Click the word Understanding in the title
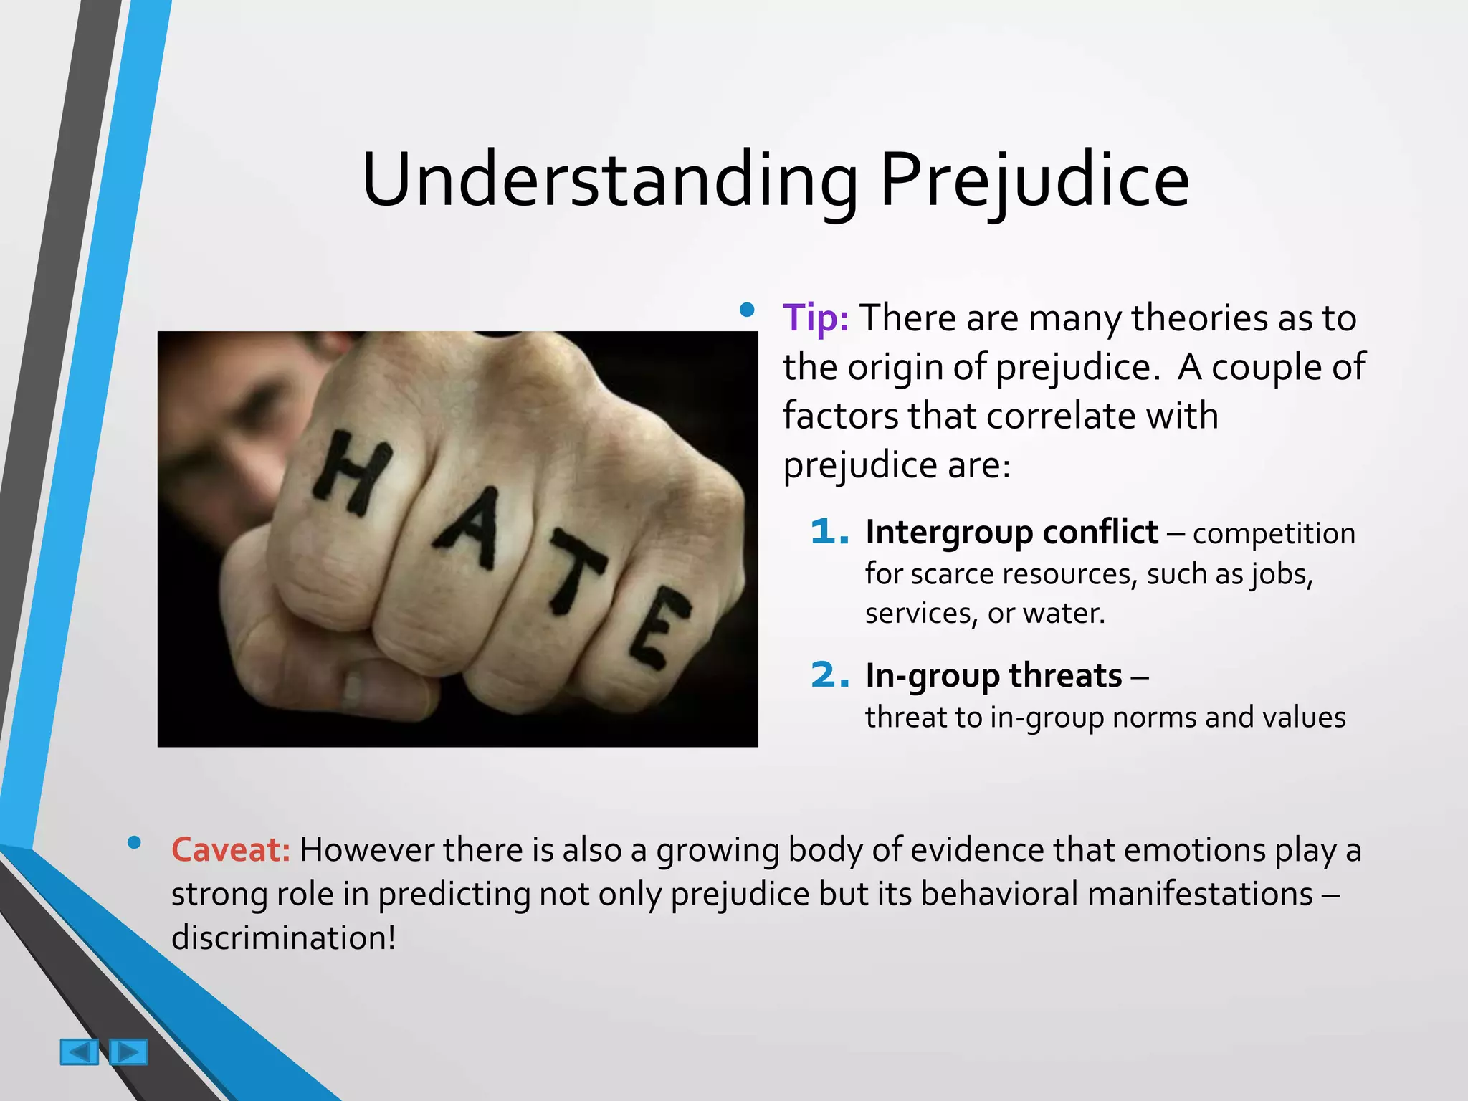point(610,180)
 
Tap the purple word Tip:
point(816,318)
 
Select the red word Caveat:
point(231,850)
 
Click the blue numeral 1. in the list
point(829,533)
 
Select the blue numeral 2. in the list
point(829,675)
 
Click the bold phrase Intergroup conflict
point(1011,533)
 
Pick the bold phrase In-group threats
point(993,676)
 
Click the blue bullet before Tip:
point(747,310)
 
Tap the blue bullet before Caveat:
point(134,843)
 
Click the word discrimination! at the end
point(283,938)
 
